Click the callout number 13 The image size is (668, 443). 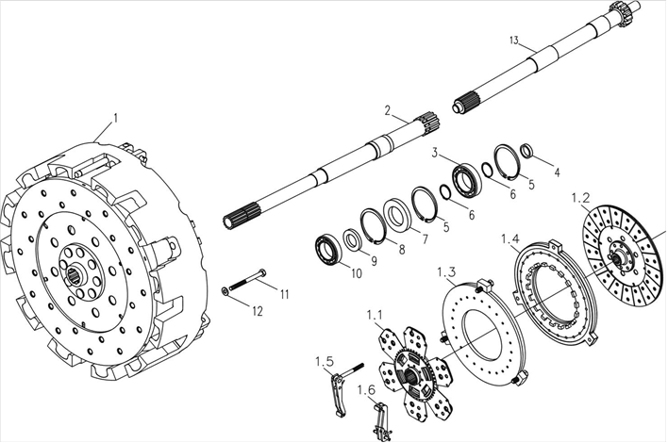513,41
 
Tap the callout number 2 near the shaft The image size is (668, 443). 387,110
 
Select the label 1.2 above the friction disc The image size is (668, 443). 582,198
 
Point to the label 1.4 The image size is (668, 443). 510,240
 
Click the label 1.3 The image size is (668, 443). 447,273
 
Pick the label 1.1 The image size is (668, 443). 376,315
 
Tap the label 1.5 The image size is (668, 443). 324,362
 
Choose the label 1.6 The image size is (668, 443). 366,389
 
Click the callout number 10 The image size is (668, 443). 329,274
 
